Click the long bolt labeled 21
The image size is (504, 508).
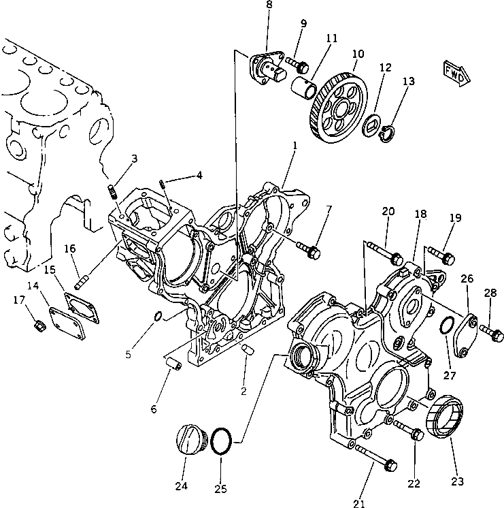pyautogui.click(x=377, y=458)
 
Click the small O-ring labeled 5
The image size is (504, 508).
pyautogui.click(x=156, y=316)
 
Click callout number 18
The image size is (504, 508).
pyautogui.click(x=421, y=214)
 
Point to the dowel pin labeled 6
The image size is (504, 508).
pyautogui.click(x=172, y=366)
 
